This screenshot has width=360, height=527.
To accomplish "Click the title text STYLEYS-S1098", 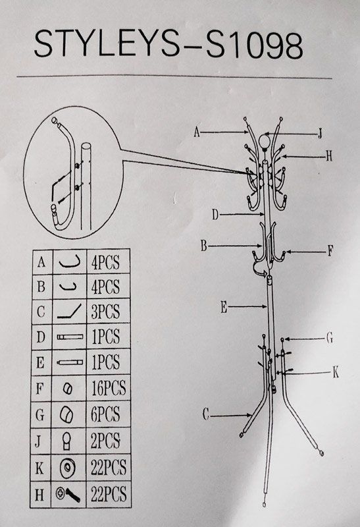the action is tap(168, 45).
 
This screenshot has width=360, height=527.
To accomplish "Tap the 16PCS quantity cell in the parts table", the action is tap(109, 388).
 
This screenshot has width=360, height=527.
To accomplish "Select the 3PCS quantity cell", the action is tap(105, 312).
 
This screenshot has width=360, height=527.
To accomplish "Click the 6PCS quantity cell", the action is tap(105, 414).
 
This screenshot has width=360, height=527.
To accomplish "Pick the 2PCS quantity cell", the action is tap(105, 441).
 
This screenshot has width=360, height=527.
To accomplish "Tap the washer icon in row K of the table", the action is tap(67, 468).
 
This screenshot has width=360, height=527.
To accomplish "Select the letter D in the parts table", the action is tap(41, 337).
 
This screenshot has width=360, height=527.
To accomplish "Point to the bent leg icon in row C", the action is tap(69, 311).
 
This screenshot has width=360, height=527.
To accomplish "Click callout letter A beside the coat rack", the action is tap(197, 132).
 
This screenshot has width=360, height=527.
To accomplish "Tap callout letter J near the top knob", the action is tap(320, 134).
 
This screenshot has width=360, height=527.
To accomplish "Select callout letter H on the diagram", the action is tap(329, 156).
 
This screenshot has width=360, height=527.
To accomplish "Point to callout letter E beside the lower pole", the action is tap(224, 307).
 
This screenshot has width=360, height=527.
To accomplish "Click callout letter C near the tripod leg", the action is tap(206, 415).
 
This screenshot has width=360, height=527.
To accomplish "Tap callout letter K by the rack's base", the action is tap(335, 372).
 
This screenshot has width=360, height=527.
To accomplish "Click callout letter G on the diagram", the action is tap(330, 338).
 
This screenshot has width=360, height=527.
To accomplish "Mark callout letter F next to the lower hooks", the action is tap(330, 251).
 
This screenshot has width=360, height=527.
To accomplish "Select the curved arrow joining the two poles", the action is tap(261, 269).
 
